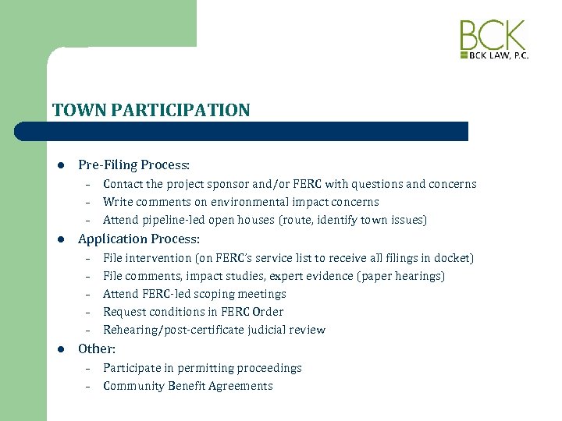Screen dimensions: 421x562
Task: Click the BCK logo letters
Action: click(x=493, y=36)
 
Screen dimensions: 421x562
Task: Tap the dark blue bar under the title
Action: click(x=258, y=131)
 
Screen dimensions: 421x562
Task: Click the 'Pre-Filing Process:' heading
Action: click(x=133, y=165)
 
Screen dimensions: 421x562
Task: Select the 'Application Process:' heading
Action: click(x=139, y=239)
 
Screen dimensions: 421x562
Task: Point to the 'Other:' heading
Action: click(x=97, y=348)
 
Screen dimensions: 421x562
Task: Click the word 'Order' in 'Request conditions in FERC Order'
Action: click(x=268, y=312)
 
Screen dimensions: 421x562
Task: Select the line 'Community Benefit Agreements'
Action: click(x=187, y=386)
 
